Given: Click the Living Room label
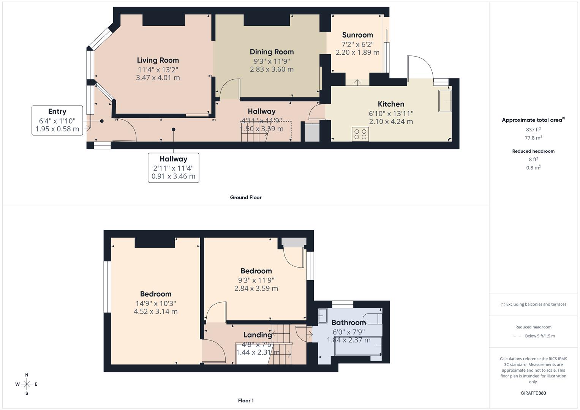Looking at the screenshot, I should [x=158, y=60].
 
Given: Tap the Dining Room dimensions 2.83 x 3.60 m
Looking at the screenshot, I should [x=272, y=69].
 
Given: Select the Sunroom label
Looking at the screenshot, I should [x=357, y=35].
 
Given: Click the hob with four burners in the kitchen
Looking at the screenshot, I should [x=360, y=134].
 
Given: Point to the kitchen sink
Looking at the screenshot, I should [x=445, y=101].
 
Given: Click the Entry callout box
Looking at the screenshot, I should [x=57, y=120].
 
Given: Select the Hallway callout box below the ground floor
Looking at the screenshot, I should [x=173, y=167].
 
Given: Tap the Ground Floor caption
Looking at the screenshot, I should [x=246, y=197].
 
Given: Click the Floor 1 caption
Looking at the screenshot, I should [x=246, y=401].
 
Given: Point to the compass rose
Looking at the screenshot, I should [x=27, y=384].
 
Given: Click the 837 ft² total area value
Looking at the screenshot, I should [x=533, y=129].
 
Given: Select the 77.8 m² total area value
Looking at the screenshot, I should [x=533, y=138].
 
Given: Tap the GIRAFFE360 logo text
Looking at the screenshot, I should [x=533, y=393].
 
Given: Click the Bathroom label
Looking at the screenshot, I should [x=348, y=323].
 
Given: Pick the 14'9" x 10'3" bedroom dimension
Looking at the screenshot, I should [x=156, y=303].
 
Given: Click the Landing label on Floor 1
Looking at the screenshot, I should [x=258, y=335].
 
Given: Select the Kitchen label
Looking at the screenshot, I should [x=391, y=104].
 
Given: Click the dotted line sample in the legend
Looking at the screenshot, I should [x=517, y=336].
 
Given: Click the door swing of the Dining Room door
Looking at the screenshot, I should [x=229, y=88].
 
